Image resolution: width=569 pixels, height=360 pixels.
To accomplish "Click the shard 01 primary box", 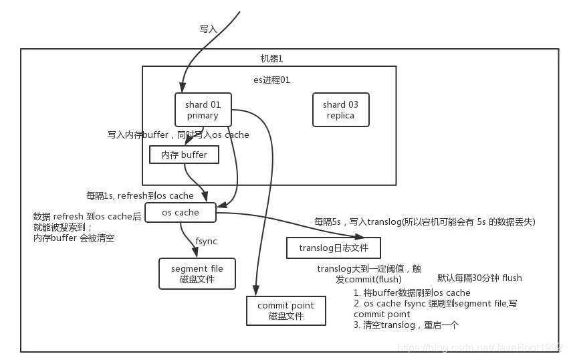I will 203,110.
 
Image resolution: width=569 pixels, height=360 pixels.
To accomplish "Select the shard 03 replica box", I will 340,110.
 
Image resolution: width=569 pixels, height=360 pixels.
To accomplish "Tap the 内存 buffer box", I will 184,155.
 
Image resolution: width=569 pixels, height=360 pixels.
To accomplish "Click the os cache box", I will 181,212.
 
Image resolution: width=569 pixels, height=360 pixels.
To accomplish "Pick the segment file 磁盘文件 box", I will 197,274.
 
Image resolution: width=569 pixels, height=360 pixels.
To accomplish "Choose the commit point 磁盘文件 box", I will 286,310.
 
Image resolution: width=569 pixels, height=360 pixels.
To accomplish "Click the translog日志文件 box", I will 334,248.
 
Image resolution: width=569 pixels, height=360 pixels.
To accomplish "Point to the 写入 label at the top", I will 209,29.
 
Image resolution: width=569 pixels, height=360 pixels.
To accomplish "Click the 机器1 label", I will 271,58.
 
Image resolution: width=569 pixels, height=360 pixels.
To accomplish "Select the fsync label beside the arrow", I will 206,241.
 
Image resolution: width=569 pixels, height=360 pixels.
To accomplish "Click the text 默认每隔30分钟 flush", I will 479,278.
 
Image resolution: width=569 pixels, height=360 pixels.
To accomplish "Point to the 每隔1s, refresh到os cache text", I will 140,196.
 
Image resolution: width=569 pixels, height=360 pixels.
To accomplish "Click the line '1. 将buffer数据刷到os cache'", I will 412,292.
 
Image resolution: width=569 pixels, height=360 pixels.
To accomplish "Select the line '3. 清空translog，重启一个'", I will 406,325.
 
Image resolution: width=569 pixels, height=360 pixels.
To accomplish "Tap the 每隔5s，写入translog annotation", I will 425,221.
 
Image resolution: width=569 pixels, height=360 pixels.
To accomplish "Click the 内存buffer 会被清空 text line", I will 74,238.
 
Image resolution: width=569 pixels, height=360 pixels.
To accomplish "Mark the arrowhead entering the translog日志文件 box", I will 362,236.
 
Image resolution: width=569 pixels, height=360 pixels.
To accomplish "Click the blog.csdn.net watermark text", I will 478,348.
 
